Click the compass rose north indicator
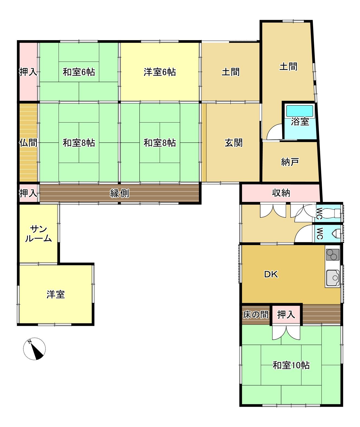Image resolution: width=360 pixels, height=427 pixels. pyautogui.click(x=34, y=349)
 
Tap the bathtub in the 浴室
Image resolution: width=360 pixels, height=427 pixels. pyautogui.click(x=300, y=111)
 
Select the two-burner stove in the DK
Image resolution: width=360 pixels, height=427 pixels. pyautogui.click(x=333, y=255)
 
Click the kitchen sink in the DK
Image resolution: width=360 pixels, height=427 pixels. pyautogui.click(x=333, y=278)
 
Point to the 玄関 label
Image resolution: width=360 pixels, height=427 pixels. pyautogui.click(x=234, y=143)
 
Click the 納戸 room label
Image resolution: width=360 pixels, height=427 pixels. pyautogui.click(x=290, y=162)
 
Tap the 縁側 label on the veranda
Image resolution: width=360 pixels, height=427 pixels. pyautogui.click(x=120, y=193)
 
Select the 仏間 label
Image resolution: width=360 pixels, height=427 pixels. pyautogui.click(x=28, y=143)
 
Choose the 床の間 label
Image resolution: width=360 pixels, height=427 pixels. pyautogui.click(x=256, y=314)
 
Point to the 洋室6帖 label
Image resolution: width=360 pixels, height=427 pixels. pyautogui.click(x=160, y=72)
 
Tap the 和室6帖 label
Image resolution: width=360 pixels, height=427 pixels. pyautogui.click(x=79, y=72)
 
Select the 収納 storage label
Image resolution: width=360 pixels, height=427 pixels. pyautogui.click(x=281, y=193)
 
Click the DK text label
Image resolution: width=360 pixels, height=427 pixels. pyautogui.click(x=271, y=274)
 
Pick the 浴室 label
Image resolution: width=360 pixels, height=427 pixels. pyautogui.click(x=300, y=122)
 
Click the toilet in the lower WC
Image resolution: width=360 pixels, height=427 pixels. pyautogui.click(x=336, y=233)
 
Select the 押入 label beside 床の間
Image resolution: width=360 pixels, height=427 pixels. pyautogui.click(x=286, y=314)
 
